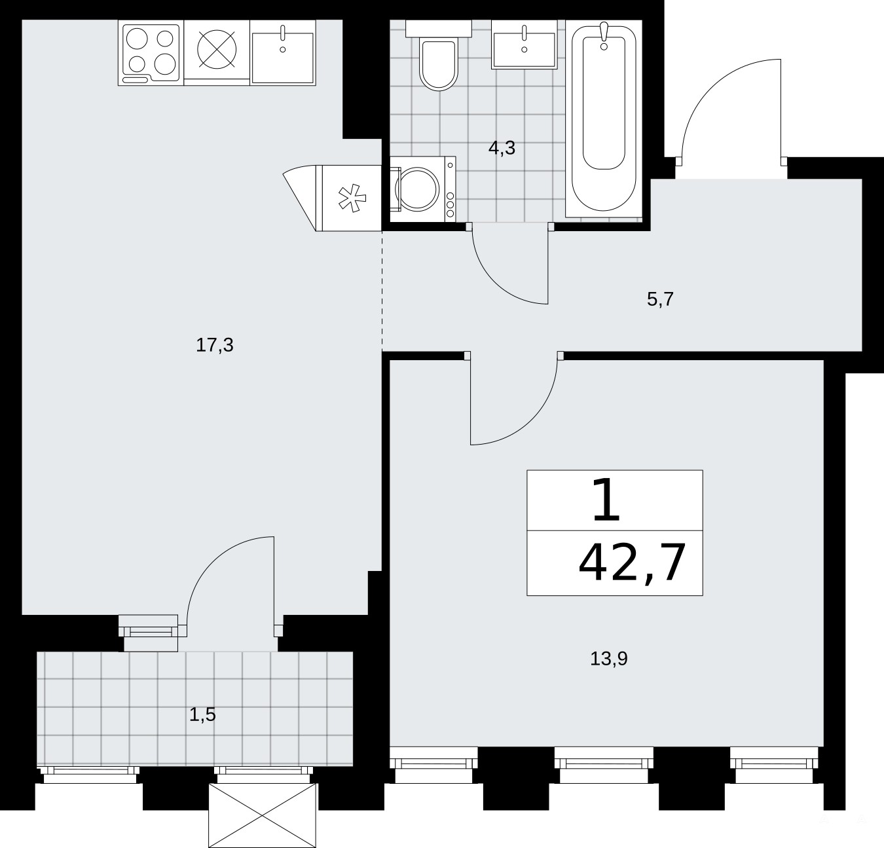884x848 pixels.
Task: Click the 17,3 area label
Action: (x=214, y=346)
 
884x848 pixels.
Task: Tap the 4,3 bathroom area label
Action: (x=502, y=148)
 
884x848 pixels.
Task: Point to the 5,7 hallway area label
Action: (x=660, y=300)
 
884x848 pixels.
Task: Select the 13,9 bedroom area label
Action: (x=609, y=658)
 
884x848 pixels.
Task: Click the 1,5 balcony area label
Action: (x=202, y=714)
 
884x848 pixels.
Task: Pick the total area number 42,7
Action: (x=632, y=563)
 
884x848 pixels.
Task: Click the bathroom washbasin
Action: (x=525, y=45)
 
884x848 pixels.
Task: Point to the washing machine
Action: (x=422, y=189)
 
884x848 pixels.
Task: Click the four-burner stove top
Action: (x=151, y=52)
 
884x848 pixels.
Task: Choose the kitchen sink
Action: (x=283, y=52)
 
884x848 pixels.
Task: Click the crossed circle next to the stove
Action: (x=217, y=50)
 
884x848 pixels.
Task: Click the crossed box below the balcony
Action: (x=263, y=815)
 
